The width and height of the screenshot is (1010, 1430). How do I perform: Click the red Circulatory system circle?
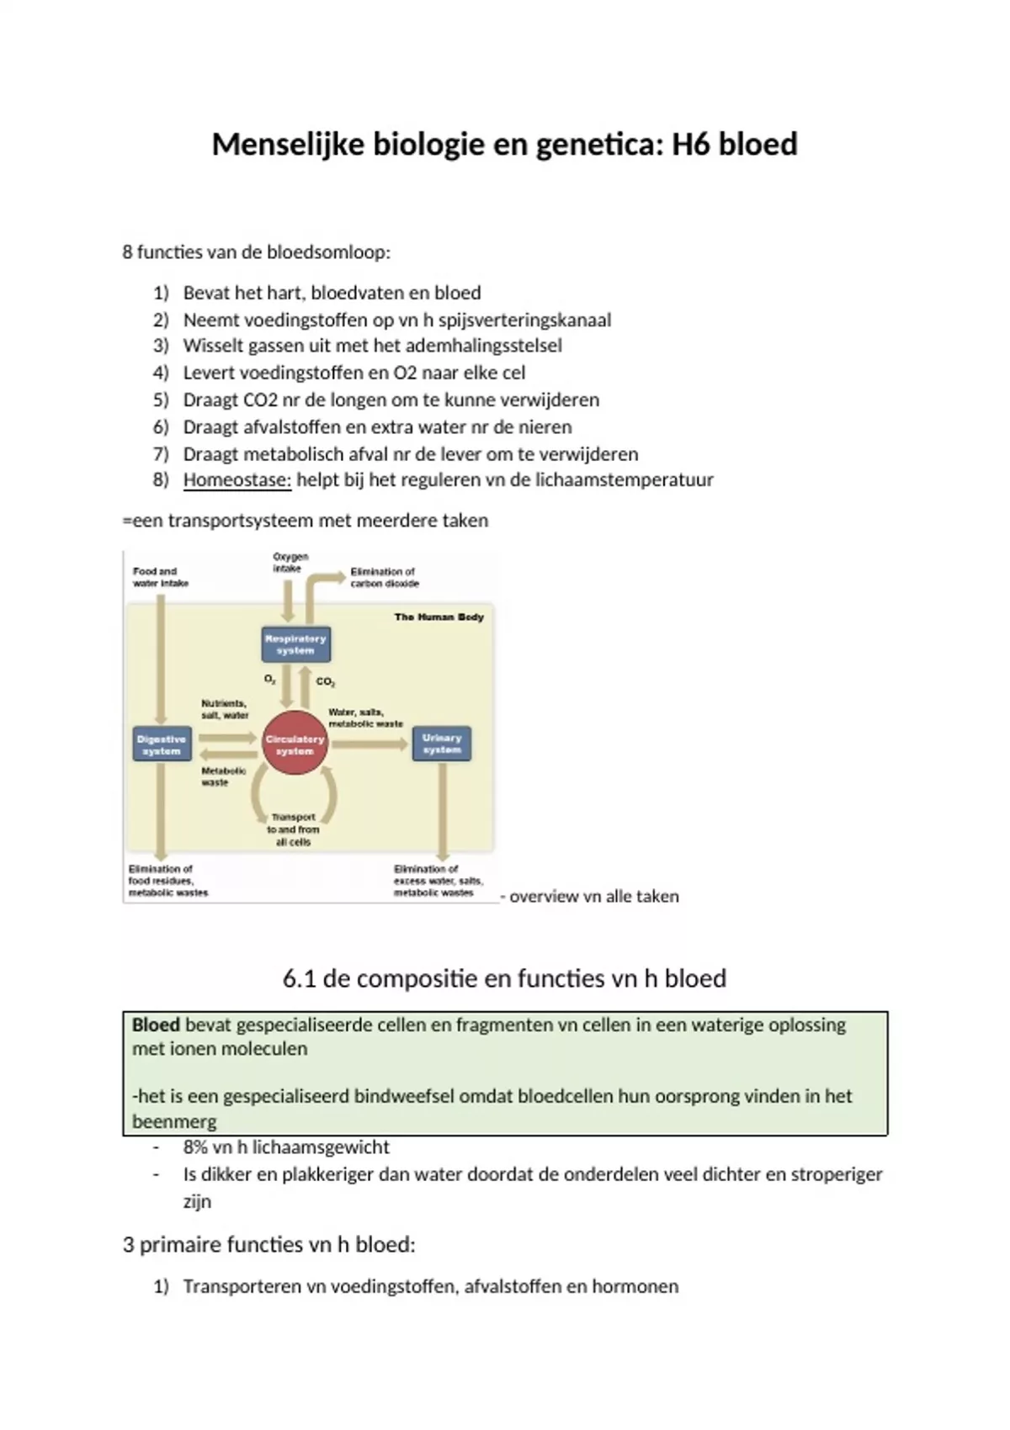(295, 744)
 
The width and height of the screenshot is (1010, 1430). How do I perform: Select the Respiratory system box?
(295, 644)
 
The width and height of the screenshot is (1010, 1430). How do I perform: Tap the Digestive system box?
(162, 744)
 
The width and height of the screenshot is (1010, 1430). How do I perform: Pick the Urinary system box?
(441, 744)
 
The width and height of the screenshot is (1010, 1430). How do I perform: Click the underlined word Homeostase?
(237, 480)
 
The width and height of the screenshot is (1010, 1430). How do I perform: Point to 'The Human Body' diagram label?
(439, 617)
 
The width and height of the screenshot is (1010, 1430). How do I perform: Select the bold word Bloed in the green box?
(156, 1025)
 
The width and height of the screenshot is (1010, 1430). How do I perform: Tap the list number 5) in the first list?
(161, 400)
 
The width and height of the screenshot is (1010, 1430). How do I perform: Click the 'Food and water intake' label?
(160, 577)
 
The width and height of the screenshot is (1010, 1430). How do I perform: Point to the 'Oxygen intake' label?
(290, 562)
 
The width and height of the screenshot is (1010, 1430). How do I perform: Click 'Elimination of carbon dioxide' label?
(384, 577)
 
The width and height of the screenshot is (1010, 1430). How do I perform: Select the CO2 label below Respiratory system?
(326, 682)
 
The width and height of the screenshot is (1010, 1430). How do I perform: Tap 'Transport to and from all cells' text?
(293, 829)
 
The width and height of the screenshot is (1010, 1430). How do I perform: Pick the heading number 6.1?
(300, 979)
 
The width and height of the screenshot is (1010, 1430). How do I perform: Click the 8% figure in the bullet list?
(195, 1147)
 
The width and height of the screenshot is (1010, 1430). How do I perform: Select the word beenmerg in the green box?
(174, 1122)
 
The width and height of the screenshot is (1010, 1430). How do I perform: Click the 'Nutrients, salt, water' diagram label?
(224, 709)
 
